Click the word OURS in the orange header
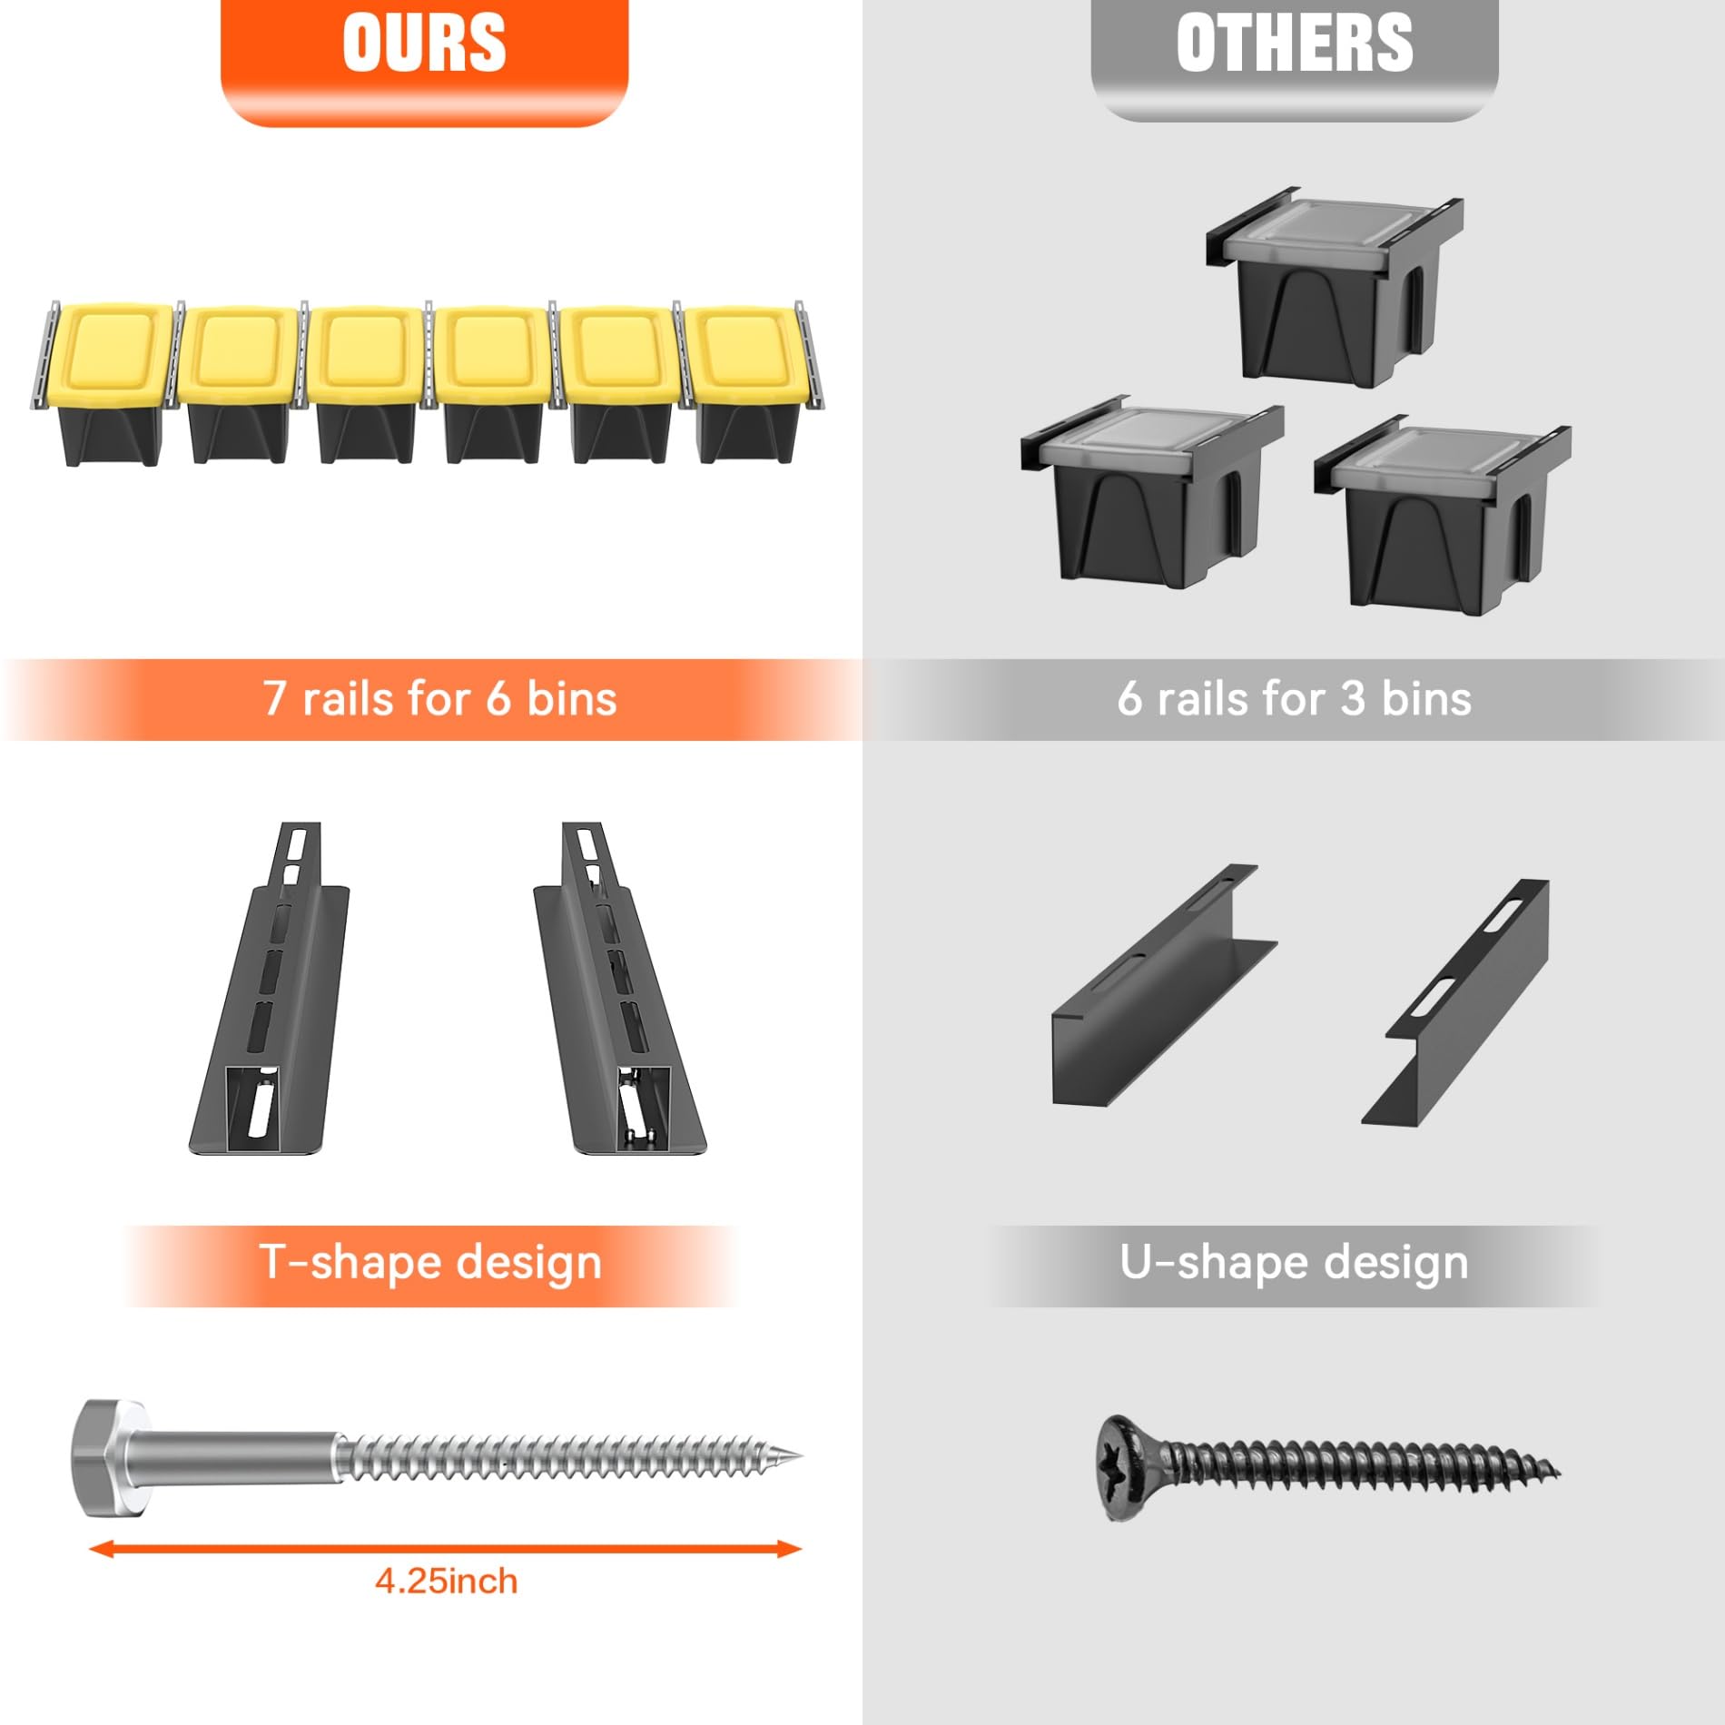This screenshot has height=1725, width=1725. click(x=424, y=42)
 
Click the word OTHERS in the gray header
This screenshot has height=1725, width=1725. click(x=1295, y=42)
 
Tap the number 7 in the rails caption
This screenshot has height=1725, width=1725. click(x=274, y=699)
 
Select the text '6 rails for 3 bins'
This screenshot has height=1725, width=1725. click(x=1294, y=699)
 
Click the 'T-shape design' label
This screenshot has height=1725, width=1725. click(x=430, y=1263)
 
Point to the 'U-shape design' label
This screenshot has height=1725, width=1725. click(x=1294, y=1263)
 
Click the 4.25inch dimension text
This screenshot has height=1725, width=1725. click(x=447, y=1582)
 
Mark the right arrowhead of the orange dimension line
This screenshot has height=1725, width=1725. click(x=790, y=1549)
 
